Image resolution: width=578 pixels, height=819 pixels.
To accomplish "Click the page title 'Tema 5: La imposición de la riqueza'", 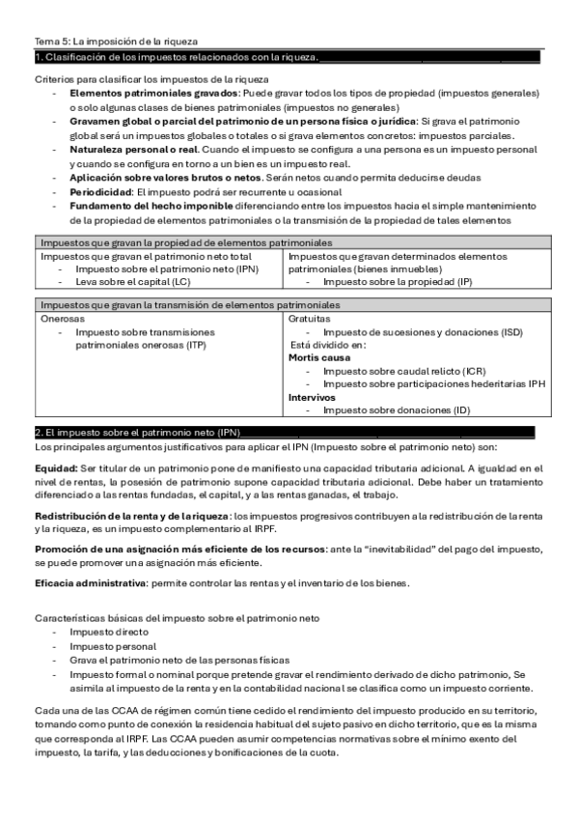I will [116, 42].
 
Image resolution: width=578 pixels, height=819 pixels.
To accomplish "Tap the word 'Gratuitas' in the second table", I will [310, 318].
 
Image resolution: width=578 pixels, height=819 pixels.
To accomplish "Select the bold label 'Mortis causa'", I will [319, 357].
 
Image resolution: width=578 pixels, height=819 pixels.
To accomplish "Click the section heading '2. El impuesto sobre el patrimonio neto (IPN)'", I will [136, 432].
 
